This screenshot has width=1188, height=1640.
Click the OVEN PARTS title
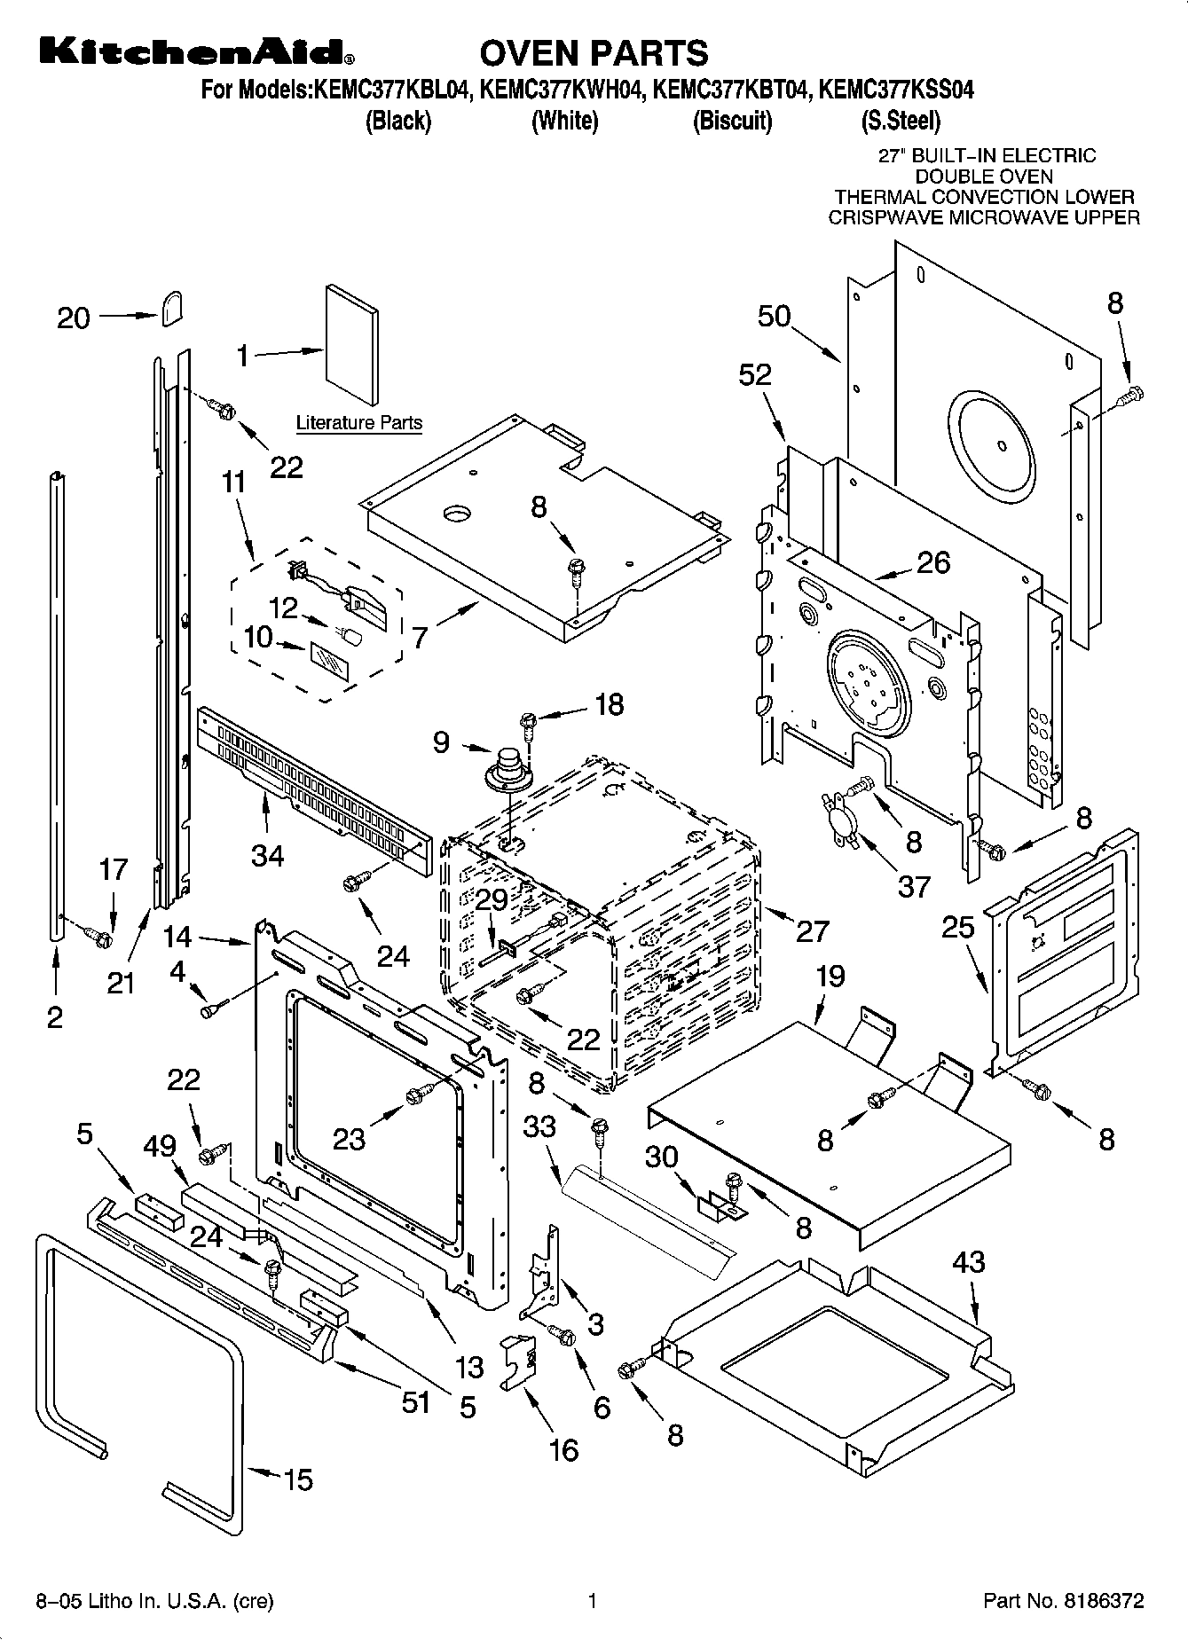[x=594, y=53]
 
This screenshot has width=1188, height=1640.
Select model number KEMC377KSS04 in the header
[x=896, y=90]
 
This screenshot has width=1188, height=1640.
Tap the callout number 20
[x=74, y=318]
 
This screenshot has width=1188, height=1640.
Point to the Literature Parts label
[x=359, y=423]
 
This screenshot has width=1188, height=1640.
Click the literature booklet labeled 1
[x=352, y=344]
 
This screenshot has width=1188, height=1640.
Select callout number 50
[x=775, y=316]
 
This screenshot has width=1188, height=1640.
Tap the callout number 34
[x=268, y=855]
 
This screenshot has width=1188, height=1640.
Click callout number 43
[x=968, y=1261]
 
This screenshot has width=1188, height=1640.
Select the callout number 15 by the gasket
[x=298, y=1479]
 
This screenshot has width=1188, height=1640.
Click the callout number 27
[x=812, y=930]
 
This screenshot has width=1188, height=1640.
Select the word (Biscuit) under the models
[x=732, y=121]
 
